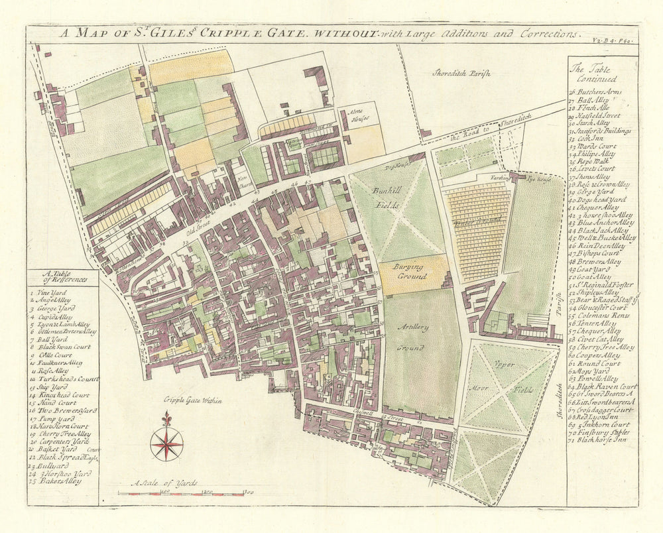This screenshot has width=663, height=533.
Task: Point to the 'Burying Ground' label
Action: [x=410, y=271]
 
